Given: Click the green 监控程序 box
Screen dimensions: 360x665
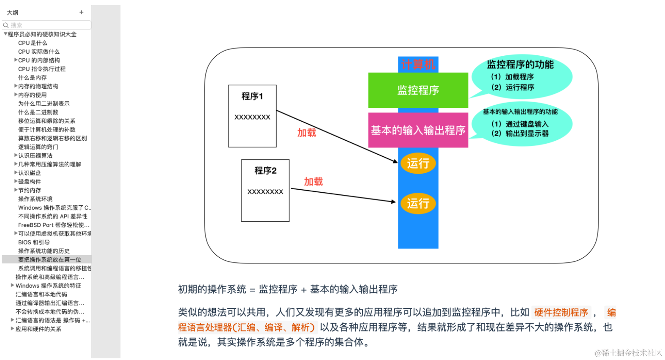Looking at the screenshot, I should point(418,90).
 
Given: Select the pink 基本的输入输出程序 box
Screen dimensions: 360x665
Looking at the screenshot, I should point(418,130).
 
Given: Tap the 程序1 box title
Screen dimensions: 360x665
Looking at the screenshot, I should point(252,96).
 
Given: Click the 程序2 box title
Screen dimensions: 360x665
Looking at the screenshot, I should point(265,171).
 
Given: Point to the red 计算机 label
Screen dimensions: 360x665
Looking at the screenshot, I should point(418,64).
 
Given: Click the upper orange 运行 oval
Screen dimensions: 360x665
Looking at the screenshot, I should point(418,163).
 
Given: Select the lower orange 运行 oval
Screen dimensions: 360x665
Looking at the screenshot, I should point(418,204).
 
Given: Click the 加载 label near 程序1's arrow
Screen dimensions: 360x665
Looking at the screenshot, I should point(307,133).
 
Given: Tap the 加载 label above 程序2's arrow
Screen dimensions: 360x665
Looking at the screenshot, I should point(313,182).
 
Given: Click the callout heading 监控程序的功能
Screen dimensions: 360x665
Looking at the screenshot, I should point(520,65).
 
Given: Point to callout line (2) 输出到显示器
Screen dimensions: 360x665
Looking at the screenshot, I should point(520,134).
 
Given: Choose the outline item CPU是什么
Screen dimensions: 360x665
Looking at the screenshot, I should point(33,43).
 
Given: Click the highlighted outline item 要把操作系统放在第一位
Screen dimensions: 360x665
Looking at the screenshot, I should point(49,260).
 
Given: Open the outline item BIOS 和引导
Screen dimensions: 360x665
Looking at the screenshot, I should point(34,243).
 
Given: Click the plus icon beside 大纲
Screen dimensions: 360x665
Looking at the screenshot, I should point(82,12).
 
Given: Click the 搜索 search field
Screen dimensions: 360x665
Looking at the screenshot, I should point(46,25).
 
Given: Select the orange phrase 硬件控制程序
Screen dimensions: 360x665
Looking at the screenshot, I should point(561,313).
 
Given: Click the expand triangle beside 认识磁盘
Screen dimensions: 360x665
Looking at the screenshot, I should point(16,173).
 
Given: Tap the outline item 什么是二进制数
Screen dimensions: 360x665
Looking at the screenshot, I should point(38,112).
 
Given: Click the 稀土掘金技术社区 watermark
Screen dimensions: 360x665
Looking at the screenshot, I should point(628,353).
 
